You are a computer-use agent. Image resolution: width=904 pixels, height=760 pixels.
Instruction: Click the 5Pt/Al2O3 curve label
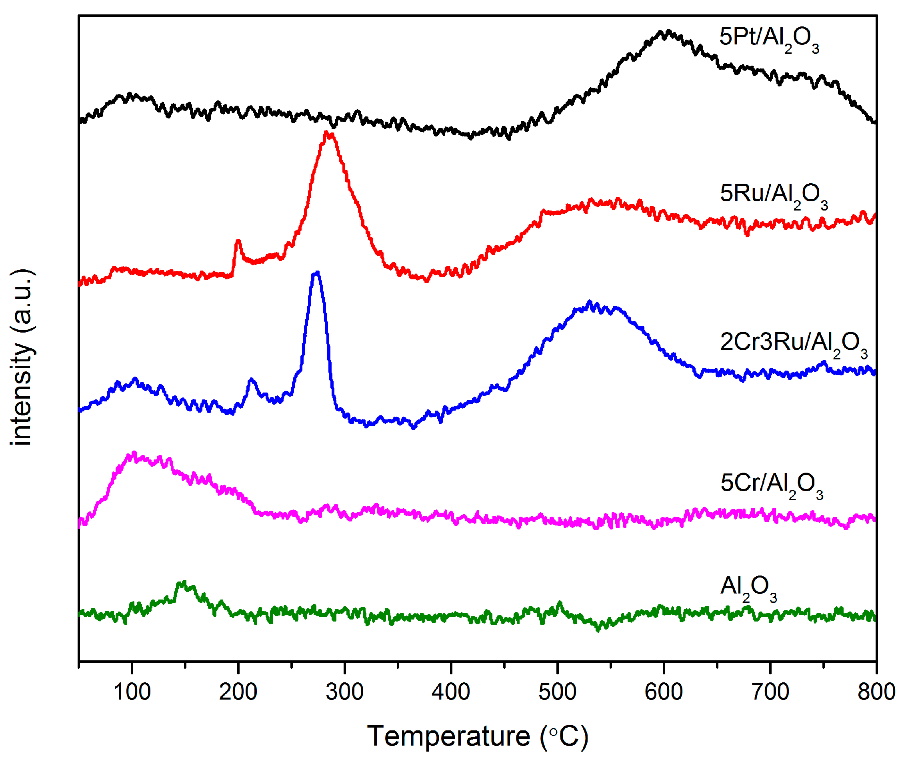tap(769, 39)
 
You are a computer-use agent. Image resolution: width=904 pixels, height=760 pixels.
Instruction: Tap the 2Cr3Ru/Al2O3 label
tap(793, 344)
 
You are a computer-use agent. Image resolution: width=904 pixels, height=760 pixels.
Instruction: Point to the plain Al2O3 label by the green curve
tap(748, 588)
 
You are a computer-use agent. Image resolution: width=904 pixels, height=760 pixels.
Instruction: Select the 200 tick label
tap(238, 692)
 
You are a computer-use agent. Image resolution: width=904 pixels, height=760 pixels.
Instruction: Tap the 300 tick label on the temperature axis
tap(344, 692)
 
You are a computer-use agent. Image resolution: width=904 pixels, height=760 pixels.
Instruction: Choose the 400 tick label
tap(451, 692)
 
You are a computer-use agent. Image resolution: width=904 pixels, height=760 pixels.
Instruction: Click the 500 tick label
tap(557, 692)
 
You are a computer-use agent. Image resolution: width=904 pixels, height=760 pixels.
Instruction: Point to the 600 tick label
tap(664, 692)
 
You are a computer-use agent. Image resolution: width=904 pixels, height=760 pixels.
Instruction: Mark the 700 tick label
tap(770, 692)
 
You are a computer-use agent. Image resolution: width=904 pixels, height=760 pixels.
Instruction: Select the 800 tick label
tap(876, 692)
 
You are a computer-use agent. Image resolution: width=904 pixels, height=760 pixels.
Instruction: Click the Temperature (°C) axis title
tap(477, 736)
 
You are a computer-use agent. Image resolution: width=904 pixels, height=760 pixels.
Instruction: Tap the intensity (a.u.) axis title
tap(22, 358)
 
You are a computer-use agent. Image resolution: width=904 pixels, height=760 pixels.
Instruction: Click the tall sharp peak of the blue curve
tap(317, 273)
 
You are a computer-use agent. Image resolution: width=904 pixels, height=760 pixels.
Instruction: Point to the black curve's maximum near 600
tap(667, 32)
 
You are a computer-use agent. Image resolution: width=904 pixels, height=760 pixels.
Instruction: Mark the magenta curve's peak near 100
tap(134, 454)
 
